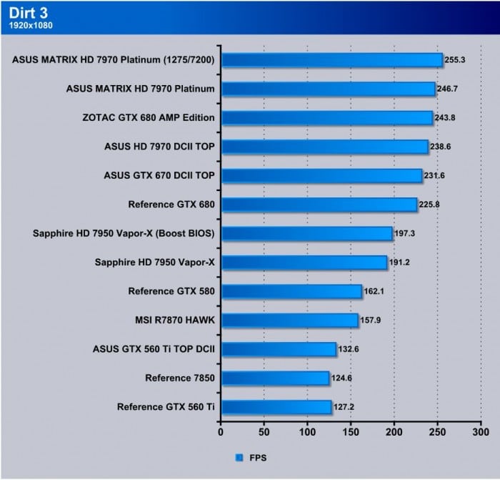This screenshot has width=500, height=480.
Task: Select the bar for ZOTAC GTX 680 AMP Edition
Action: (326, 117)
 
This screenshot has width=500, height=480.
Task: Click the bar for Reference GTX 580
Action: (291, 291)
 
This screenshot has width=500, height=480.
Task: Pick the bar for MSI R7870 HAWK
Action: (289, 320)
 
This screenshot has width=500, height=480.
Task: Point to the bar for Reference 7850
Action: (274, 378)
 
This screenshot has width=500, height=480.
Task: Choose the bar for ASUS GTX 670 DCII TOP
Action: (321, 175)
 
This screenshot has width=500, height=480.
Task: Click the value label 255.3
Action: (454, 59)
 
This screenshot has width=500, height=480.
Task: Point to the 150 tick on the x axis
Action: (351, 431)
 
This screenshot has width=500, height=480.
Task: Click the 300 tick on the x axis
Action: (481, 431)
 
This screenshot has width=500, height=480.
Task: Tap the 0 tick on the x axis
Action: (221, 431)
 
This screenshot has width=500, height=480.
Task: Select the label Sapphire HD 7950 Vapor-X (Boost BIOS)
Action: (124, 233)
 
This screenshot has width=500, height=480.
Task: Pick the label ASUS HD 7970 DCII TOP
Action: (160, 147)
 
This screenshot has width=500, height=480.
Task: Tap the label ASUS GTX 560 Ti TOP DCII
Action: (154, 349)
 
